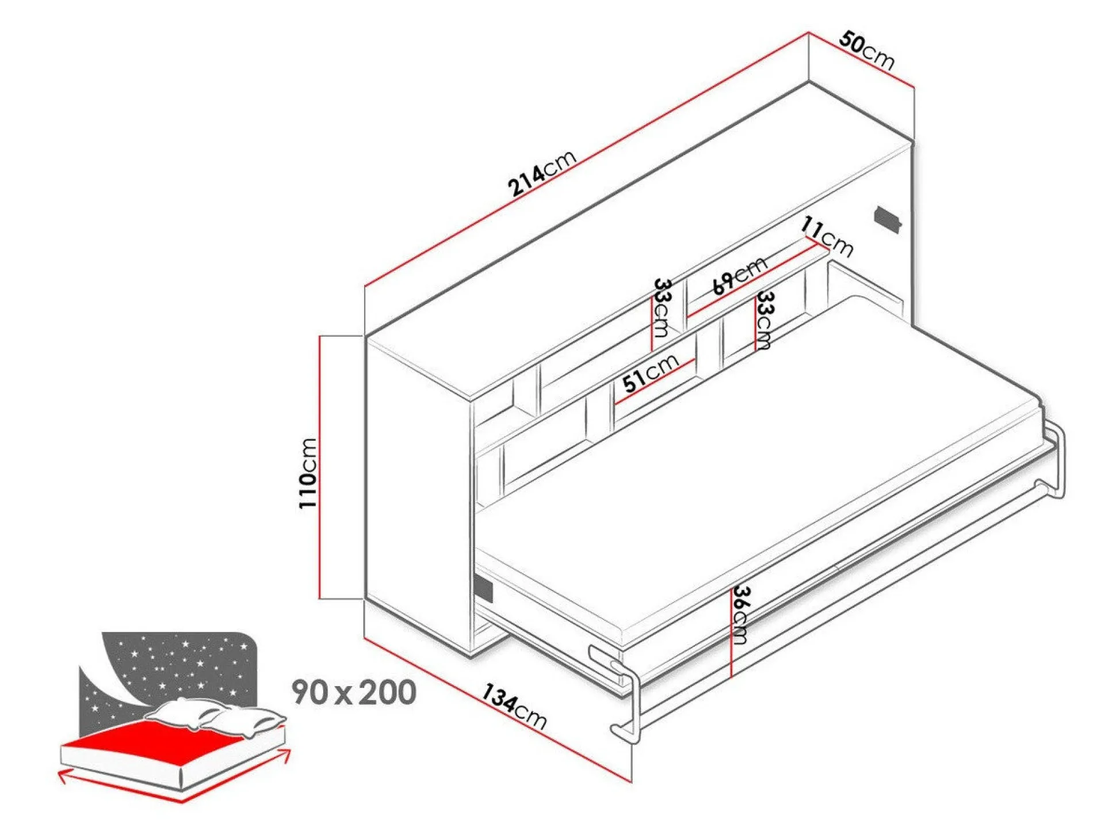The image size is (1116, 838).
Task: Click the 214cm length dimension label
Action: [541, 173]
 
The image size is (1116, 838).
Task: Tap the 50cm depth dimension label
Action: [866, 50]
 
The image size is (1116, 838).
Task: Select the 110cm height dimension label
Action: [308, 473]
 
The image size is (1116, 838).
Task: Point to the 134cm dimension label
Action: [513, 706]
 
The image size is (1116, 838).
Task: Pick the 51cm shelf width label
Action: [651, 372]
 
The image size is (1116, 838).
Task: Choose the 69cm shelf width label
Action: [739, 275]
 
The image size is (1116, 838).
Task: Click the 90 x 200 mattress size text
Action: [354, 692]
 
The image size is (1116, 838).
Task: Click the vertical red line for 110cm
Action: [320, 467]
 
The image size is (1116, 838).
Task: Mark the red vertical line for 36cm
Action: [731, 633]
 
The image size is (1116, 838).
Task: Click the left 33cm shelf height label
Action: [661, 308]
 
